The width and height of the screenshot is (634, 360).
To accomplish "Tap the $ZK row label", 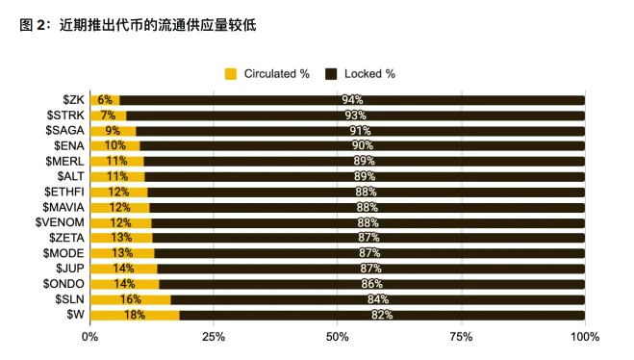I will (73, 99).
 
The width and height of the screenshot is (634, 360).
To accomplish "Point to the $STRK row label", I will (66, 115).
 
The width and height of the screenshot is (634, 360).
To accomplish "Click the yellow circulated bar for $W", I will (135, 315).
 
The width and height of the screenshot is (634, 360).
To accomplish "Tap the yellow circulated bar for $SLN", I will (130, 299).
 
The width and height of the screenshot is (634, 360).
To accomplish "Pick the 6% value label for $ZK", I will (105, 99).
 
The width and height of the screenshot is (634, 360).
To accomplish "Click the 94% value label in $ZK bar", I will (352, 99).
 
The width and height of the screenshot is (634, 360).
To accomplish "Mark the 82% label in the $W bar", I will (382, 315).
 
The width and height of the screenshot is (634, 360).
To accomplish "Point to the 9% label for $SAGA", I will (113, 130).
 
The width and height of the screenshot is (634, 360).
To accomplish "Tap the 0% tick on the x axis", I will (89, 337).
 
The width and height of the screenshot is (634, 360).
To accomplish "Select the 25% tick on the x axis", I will (214, 337).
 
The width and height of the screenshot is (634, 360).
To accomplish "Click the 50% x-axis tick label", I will (338, 337).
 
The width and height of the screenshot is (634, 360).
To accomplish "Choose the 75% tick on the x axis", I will (461, 337).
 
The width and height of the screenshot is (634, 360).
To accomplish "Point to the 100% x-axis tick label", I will (585, 337).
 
